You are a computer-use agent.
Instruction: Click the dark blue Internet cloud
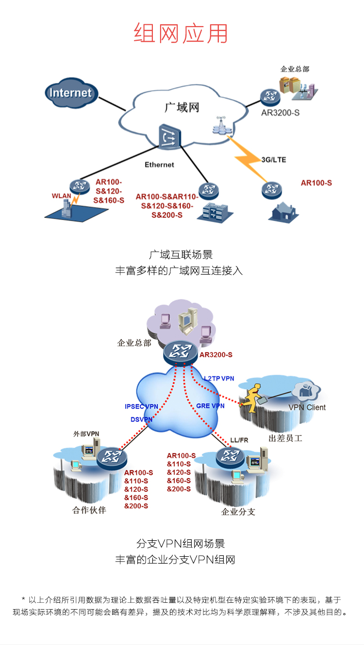(x=71, y=93)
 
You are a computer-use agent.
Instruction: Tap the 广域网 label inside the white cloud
(x=182, y=107)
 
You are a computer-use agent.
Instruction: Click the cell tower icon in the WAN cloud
(x=222, y=125)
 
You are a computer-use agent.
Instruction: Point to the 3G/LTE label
(x=274, y=160)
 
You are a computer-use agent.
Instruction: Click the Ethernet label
(x=159, y=165)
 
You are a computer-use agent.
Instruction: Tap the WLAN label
(x=61, y=196)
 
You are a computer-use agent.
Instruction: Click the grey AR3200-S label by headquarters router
(x=280, y=113)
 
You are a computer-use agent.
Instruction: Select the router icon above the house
(x=271, y=190)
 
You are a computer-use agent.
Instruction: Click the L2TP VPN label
(x=219, y=378)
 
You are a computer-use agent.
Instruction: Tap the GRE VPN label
(x=210, y=406)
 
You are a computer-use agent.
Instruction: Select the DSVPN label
(x=141, y=419)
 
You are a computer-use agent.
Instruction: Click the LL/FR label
(x=239, y=440)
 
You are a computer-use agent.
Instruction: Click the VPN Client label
(x=307, y=407)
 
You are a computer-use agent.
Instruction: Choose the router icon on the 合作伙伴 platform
(x=112, y=458)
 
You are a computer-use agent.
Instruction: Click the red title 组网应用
(x=181, y=33)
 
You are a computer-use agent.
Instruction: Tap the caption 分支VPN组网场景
(x=181, y=544)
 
